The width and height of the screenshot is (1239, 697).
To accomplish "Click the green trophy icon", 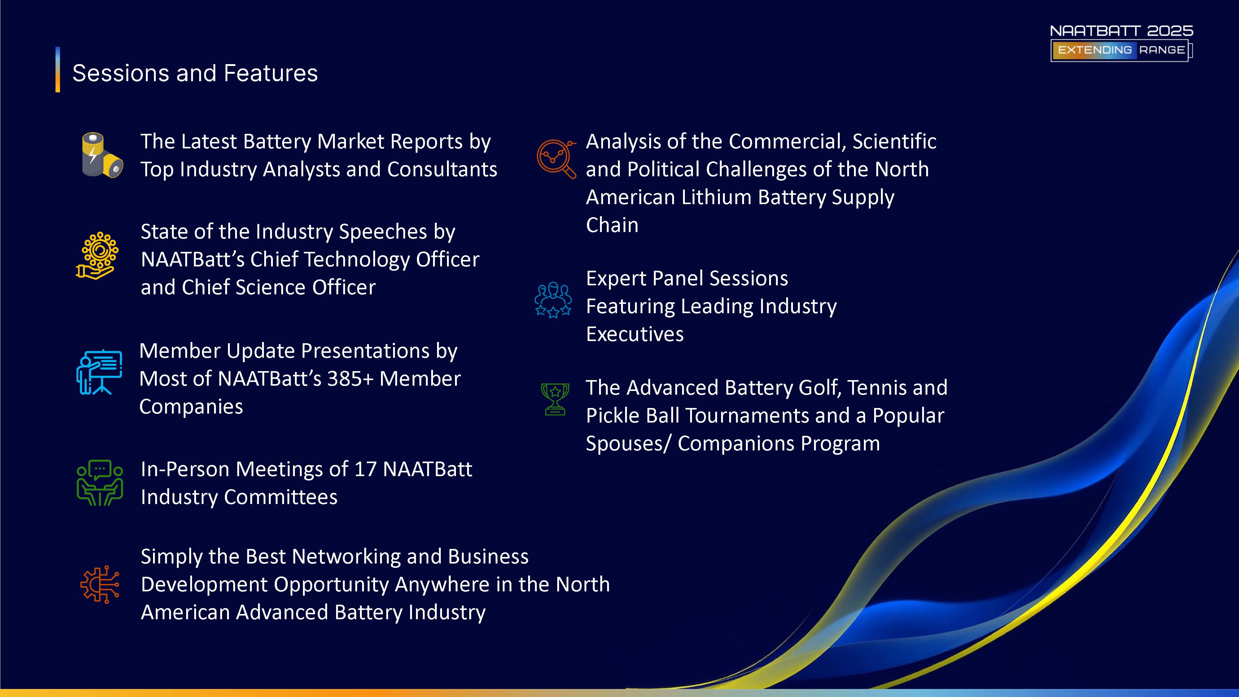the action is [x=555, y=399].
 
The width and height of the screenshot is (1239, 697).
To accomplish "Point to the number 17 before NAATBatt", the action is [x=365, y=469].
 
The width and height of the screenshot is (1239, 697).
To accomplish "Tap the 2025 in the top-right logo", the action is [x=1170, y=31].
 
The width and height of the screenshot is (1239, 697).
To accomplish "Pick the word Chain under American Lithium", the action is [x=612, y=225].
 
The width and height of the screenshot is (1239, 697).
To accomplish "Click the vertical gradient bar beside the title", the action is [x=58, y=69].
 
